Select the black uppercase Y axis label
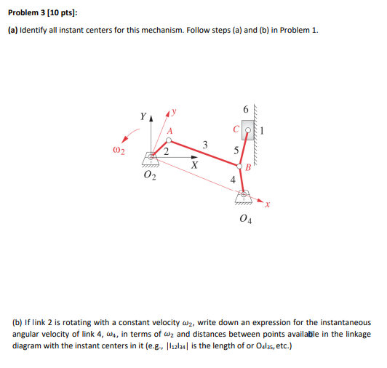point(143,116)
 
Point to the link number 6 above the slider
point(247,110)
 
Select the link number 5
point(235,151)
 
